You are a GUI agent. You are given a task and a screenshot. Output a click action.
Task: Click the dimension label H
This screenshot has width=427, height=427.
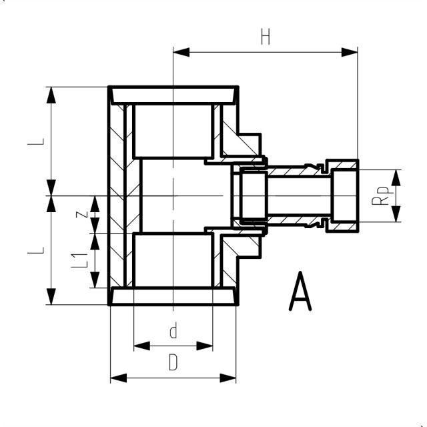click(266, 37)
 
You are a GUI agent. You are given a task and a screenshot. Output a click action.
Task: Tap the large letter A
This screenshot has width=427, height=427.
click(300, 294)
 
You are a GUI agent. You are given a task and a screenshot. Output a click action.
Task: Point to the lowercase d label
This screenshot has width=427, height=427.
click(173, 332)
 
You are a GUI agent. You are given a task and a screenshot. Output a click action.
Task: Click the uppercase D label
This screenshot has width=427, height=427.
click(173, 364)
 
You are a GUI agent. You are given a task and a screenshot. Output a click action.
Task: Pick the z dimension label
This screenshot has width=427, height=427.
click(80, 215)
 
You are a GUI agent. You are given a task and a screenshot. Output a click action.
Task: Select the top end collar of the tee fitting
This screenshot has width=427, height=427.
click(173, 95)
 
